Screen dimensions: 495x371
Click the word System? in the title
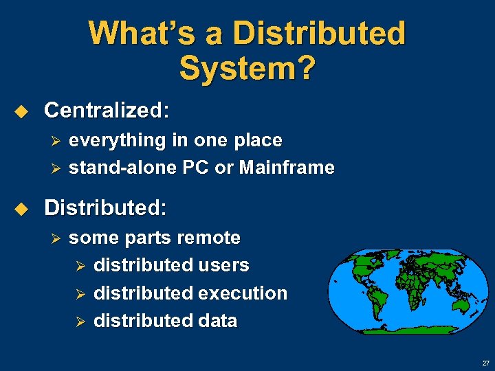click(x=247, y=67)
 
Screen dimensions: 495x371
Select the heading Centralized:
click(x=107, y=110)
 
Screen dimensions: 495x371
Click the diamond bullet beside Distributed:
click(x=21, y=207)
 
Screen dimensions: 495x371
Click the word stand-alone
click(x=116, y=168)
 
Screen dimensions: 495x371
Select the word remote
click(x=208, y=238)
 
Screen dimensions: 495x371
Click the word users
click(x=223, y=265)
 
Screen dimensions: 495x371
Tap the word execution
click(x=243, y=293)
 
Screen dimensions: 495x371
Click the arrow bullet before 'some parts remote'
click(x=57, y=238)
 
